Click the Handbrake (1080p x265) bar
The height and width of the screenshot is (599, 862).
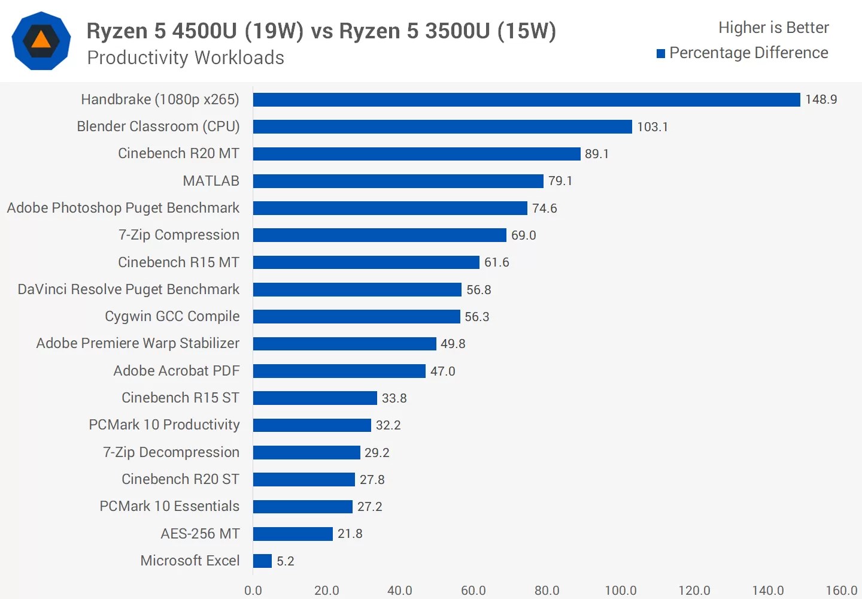click(x=526, y=99)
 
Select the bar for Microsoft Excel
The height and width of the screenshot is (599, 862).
click(x=262, y=561)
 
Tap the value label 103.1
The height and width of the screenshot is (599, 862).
click(x=652, y=127)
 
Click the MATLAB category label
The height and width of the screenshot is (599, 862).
click(x=211, y=181)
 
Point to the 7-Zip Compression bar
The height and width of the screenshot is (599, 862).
click(x=380, y=235)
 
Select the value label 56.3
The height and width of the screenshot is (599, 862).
click(x=476, y=317)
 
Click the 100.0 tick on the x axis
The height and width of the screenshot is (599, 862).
click(x=620, y=590)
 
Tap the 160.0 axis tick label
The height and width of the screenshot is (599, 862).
click(x=841, y=590)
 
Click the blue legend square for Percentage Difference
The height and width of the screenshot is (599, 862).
click(x=661, y=54)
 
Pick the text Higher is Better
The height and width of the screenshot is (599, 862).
click(x=773, y=28)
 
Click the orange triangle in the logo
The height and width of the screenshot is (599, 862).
click(x=41, y=40)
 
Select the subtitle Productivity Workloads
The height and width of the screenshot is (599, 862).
click(x=186, y=58)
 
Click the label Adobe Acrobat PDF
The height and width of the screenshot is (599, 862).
click(x=176, y=371)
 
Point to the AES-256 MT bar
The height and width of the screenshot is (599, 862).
click(x=293, y=534)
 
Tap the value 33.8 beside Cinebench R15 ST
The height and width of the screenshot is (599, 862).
click(x=394, y=398)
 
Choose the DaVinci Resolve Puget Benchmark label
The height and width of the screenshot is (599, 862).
click(x=128, y=289)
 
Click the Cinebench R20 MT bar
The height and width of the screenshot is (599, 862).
click(x=417, y=154)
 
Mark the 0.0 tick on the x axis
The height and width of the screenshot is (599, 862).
click(x=253, y=590)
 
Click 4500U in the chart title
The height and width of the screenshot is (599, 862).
click(x=204, y=31)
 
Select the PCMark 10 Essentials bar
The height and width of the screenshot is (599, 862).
click(x=302, y=507)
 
